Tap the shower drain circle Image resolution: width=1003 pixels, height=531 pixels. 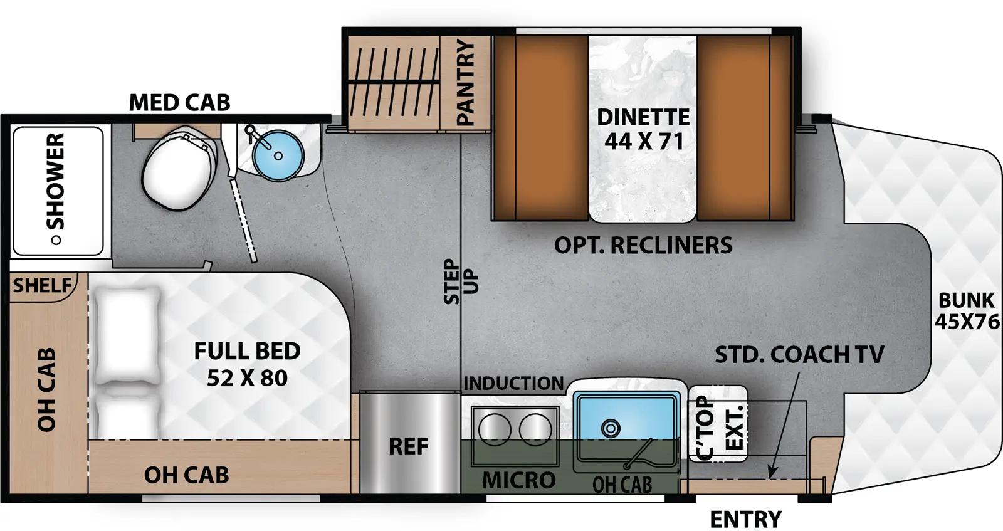[x=56, y=239]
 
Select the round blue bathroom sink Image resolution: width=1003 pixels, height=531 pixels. [x=278, y=154]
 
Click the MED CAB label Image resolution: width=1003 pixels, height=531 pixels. [x=179, y=102]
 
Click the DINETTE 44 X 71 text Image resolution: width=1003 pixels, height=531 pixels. [x=643, y=129]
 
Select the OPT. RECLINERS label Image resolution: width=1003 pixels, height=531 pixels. [x=643, y=245]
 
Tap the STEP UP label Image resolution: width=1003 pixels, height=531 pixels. [x=461, y=281]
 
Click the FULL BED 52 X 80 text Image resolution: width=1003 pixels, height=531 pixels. [x=247, y=364]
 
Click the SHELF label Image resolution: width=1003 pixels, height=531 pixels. [x=42, y=286]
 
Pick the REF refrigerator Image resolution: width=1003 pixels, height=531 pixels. [x=409, y=446]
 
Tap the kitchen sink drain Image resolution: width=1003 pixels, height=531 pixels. [x=609, y=428]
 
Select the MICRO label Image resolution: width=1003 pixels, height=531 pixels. [x=518, y=480]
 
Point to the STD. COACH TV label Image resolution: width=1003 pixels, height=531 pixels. [x=799, y=354]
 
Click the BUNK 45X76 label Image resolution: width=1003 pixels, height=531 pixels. [x=967, y=311]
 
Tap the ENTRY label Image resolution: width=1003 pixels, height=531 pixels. [x=745, y=519]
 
